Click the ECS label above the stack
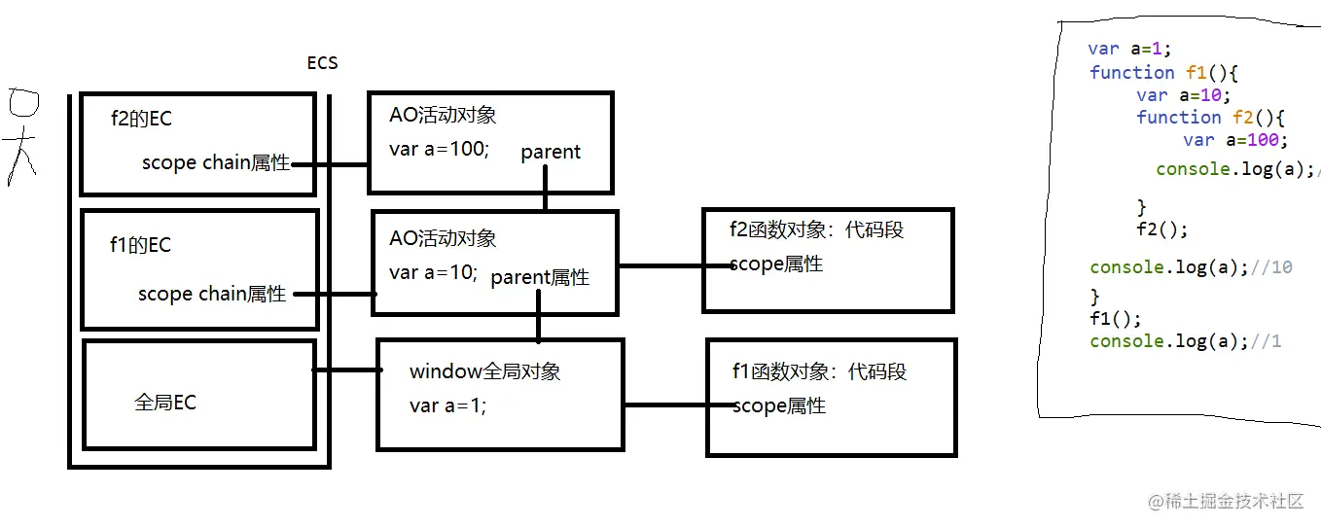[x=322, y=64]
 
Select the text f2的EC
[x=141, y=120]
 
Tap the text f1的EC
[x=140, y=245]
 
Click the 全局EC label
[x=165, y=403]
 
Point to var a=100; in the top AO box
[x=439, y=151]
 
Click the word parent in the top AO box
[x=551, y=152]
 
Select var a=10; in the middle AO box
[x=433, y=273]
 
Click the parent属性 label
[x=540, y=277]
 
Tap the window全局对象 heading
[x=484, y=371]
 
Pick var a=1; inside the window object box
[x=447, y=406]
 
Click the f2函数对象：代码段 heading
[x=817, y=229]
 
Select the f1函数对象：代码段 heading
[x=819, y=371]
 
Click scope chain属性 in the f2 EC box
[x=216, y=163]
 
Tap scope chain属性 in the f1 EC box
[x=212, y=294]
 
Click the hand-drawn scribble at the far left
[x=21, y=136]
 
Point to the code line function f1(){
[x=1162, y=73]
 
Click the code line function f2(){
[x=1210, y=118]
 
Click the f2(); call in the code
[x=1161, y=230]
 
